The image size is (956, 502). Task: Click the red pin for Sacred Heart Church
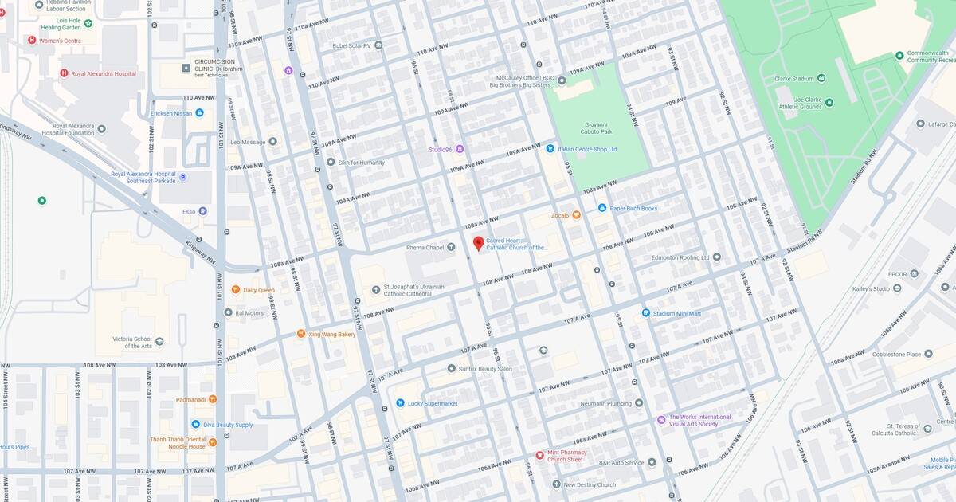click(x=478, y=243)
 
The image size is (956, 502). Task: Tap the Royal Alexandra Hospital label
click(x=104, y=73)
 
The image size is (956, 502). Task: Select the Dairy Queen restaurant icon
click(x=236, y=290)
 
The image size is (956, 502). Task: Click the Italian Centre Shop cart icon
click(x=550, y=148)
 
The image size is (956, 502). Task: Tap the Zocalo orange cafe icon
click(x=577, y=215)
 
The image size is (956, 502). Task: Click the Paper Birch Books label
click(x=633, y=208)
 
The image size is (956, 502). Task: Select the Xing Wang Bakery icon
click(x=301, y=334)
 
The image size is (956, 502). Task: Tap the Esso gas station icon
click(x=202, y=211)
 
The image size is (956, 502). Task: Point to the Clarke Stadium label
click(x=794, y=78)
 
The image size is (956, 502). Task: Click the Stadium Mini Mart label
click(x=676, y=313)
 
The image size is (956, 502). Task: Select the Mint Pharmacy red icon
click(x=539, y=455)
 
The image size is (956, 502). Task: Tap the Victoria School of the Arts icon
click(x=159, y=341)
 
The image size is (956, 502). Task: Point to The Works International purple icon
click(x=661, y=420)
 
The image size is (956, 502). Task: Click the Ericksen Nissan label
click(x=171, y=113)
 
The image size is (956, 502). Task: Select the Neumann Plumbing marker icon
click(x=638, y=403)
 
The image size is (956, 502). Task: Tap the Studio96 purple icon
click(x=459, y=149)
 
